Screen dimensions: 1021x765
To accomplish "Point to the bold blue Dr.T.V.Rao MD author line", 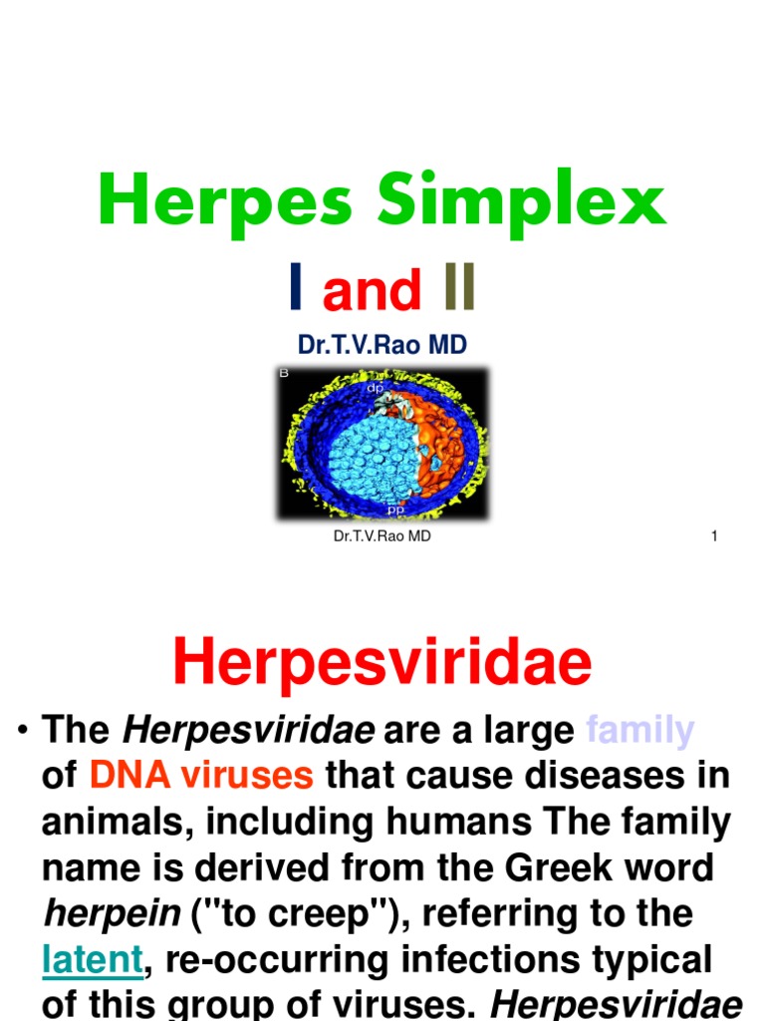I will pyautogui.click(x=382, y=344).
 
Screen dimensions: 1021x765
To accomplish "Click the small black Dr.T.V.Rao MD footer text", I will pyautogui.click(x=382, y=536).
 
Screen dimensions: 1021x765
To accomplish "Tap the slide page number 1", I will pyautogui.click(x=714, y=536).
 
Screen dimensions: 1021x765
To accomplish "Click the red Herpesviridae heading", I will pyautogui.click(x=382, y=662).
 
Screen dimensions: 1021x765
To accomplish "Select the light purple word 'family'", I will pyautogui.click(x=639, y=731).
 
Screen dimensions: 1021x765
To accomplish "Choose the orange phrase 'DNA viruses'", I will pyautogui.click(x=202, y=776).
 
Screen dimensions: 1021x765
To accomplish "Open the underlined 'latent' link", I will pyautogui.click(x=93, y=960).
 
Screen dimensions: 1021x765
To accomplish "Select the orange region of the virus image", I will pyautogui.click(x=444, y=439).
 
